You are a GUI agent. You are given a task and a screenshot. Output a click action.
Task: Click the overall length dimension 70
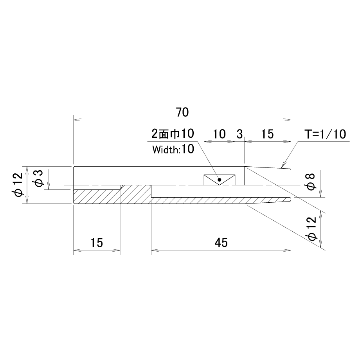pyautogui.click(x=182, y=112)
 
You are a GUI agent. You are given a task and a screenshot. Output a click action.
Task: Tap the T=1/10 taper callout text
pyautogui.click(x=325, y=134)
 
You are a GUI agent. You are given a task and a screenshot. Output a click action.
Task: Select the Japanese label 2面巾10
pyautogui.click(x=173, y=133)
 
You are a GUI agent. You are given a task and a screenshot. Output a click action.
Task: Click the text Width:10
pyautogui.click(x=173, y=149)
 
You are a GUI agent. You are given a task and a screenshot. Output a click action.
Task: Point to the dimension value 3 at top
pyautogui.click(x=239, y=134)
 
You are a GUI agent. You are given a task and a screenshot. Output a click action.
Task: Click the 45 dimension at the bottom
pyautogui.click(x=221, y=243)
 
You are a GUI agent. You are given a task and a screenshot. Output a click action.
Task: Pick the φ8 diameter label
pyautogui.click(x=311, y=182)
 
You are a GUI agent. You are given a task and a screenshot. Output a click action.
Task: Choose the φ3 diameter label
pyautogui.click(x=38, y=178)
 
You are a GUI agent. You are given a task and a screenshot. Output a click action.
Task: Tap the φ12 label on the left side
pyautogui.click(x=18, y=184)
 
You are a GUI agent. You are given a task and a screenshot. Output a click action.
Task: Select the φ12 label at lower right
pyautogui.click(x=312, y=229)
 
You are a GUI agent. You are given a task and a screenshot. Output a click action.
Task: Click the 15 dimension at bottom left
pyautogui.click(x=96, y=243)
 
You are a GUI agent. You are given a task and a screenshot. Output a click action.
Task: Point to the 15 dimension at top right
pyautogui.click(x=267, y=134)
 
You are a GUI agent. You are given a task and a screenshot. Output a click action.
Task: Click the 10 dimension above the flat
pyautogui.click(x=219, y=134)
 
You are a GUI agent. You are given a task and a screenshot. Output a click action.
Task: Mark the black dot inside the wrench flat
pyautogui.click(x=220, y=180)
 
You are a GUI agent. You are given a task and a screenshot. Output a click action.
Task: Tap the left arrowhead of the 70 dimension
pyautogui.click(x=77, y=120)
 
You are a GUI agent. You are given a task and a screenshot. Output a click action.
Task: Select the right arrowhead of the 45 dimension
pyautogui.click(x=287, y=250)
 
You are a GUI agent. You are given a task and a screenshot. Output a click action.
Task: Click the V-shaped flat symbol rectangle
pyautogui.click(x=220, y=180)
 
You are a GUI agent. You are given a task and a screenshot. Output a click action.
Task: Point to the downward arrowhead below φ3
pyautogui.click(x=49, y=185)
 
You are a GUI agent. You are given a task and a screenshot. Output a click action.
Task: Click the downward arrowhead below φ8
pyautogui.click(x=321, y=194)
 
